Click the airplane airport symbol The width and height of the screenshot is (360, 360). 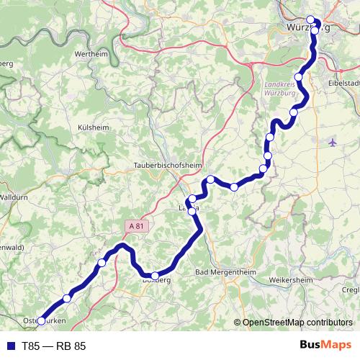coord(332,142)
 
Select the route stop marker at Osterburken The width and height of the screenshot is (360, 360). coord(41,320)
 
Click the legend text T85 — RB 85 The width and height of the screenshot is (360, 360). coord(53,346)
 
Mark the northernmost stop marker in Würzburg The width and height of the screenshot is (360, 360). coord(310,19)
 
